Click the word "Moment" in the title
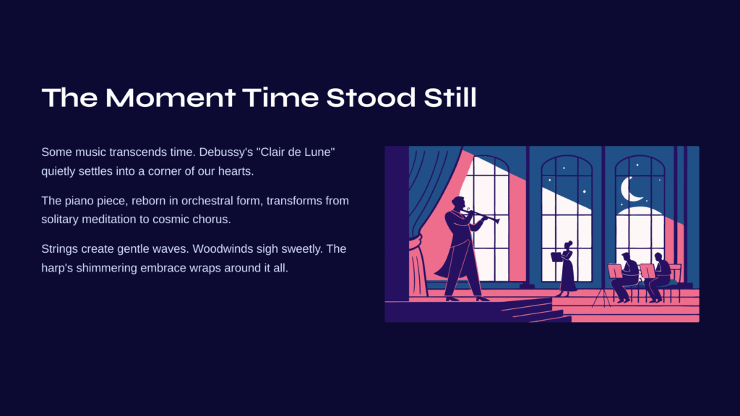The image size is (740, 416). pos(171,97)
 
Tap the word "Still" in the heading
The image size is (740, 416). pos(449,97)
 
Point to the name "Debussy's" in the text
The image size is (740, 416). pos(226,152)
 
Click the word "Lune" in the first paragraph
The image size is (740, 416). pos(321,152)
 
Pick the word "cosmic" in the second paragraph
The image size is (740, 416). pos(170,220)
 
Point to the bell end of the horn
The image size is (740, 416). pos(496,220)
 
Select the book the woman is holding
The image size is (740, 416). pos(556,256)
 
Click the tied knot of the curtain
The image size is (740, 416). pos(416,244)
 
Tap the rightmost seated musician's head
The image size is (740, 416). pos(658,258)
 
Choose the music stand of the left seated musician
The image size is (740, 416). pos(615,272)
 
